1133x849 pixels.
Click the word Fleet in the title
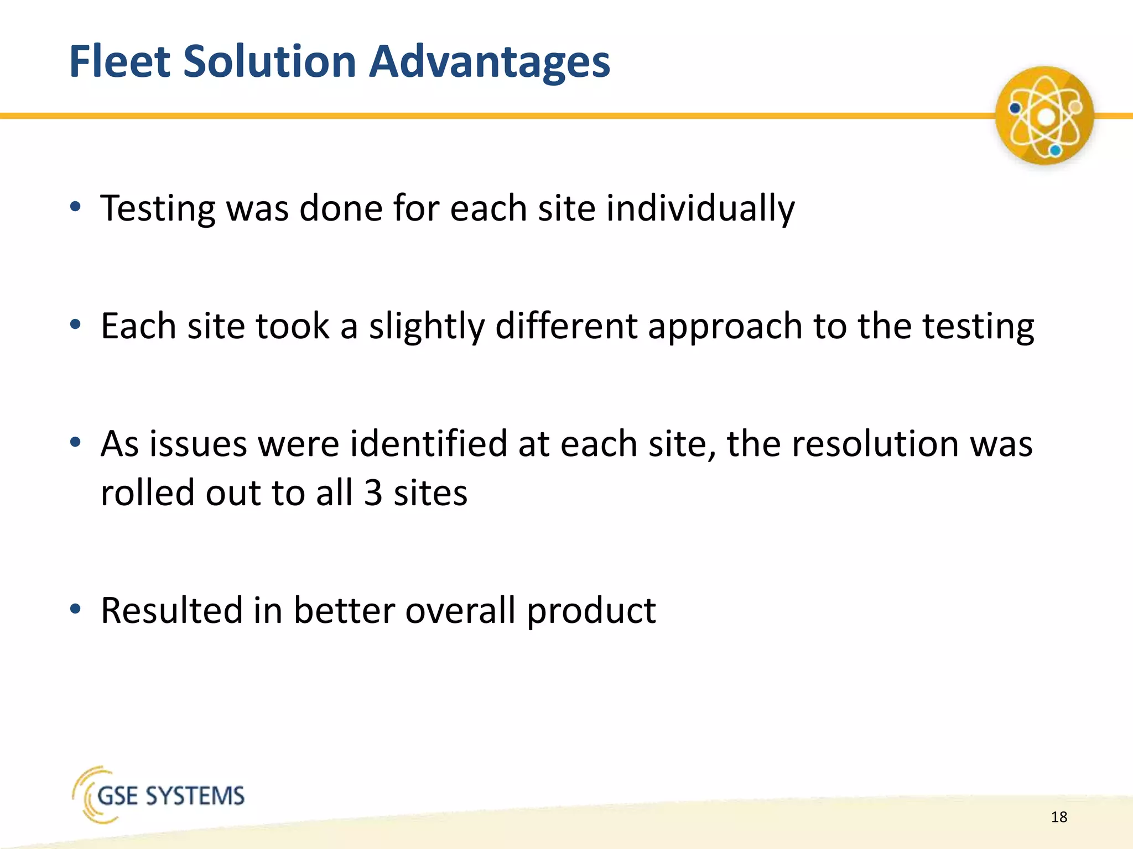[120, 61]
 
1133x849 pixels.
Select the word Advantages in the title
[489, 61]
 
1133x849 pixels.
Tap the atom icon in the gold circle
[1044, 116]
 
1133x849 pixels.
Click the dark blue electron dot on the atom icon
[1015, 108]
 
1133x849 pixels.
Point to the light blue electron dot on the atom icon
[1056, 150]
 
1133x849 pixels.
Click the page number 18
[1059, 817]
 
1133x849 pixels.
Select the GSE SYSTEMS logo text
[171, 796]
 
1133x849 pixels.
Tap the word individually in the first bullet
[700, 209]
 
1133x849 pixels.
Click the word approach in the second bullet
[725, 326]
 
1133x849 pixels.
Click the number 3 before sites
[373, 492]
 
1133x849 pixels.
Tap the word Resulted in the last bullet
[172, 610]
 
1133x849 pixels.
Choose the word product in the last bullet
[591, 611]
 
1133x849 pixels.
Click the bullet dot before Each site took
[76, 324]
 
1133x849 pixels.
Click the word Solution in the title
[269, 61]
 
